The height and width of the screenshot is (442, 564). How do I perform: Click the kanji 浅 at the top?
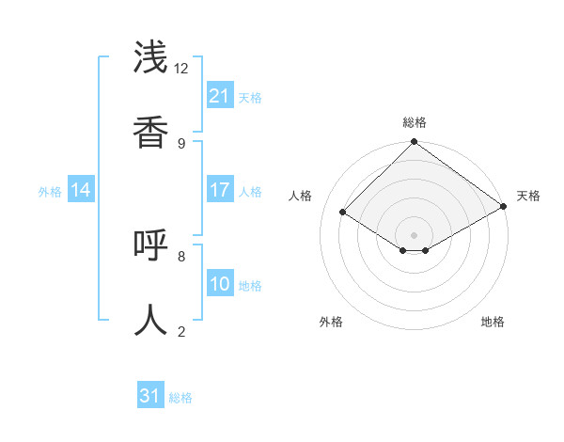click(151, 58)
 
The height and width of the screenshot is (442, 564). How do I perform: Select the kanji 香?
click(151, 133)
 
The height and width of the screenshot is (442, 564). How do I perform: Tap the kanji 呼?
click(151, 245)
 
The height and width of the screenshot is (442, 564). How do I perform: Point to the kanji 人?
click(151, 320)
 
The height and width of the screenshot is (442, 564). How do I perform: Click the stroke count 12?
click(181, 69)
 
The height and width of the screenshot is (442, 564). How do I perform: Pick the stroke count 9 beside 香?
click(181, 143)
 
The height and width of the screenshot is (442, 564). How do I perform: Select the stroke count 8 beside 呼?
click(181, 256)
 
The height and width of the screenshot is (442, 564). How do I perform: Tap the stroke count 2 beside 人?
click(181, 331)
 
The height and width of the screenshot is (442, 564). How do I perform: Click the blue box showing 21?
click(220, 96)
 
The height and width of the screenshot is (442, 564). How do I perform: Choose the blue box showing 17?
click(220, 190)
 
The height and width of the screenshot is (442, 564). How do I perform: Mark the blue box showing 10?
click(220, 284)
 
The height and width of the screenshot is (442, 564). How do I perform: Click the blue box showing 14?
click(81, 190)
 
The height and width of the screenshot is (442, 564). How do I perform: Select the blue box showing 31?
click(150, 396)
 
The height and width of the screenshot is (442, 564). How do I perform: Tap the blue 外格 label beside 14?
click(50, 192)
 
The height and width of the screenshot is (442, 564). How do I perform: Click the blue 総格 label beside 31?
click(180, 398)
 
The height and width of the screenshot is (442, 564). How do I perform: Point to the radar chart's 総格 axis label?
click(415, 122)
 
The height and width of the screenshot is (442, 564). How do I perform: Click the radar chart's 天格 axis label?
click(528, 196)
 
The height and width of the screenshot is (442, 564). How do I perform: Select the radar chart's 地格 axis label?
click(493, 322)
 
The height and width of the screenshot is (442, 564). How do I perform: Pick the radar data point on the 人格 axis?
click(343, 213)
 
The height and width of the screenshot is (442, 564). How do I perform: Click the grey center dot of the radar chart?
click(415, 234)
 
